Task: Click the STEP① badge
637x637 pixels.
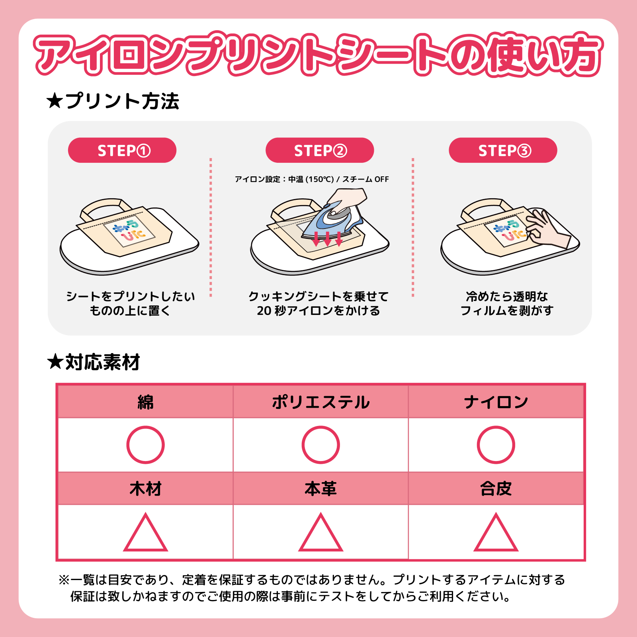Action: click(122, 150)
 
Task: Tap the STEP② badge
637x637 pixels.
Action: click(320, 150)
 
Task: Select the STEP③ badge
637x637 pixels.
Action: click(503, 150)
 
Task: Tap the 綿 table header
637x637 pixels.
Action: click(145, 402)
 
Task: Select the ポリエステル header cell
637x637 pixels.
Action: click(320, 402)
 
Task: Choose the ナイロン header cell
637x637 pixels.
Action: click(496, 402)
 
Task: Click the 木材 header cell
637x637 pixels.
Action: click(145, 488)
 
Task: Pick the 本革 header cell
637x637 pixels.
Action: click(320, 488)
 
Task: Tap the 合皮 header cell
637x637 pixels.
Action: click(496, 488)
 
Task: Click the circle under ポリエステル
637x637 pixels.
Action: click(320, 445)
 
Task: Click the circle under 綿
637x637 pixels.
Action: click(145, 445)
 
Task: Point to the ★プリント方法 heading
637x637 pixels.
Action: click(113, 101)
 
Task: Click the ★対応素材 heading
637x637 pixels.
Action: click(94, 362)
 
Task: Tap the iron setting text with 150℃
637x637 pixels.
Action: click(312, 179)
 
